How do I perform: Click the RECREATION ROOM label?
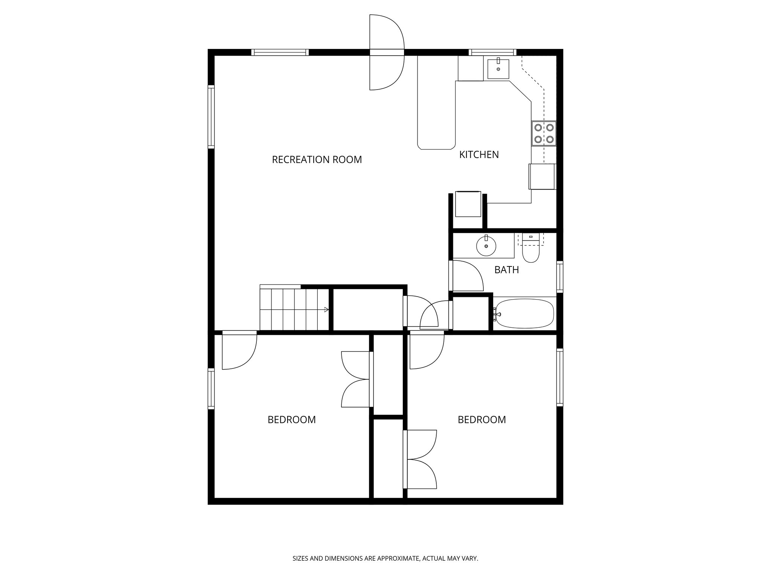(317, 160)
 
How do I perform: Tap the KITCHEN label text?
(479, 155)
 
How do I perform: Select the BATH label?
(506, 270)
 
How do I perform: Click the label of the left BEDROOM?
(291, 420)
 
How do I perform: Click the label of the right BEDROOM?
(481, 420)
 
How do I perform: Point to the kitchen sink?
(498, 69)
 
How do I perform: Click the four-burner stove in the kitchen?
(544, 134)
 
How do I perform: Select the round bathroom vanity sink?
(486, 246)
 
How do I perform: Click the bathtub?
(525, 313)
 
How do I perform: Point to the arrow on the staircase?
(326, 310)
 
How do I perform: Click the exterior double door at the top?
(387, 52)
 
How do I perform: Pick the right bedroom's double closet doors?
(421, 459)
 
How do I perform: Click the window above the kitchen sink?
(492, 52)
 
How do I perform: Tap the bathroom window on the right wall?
(560, 277)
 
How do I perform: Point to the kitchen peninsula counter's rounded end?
(436, 145)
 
